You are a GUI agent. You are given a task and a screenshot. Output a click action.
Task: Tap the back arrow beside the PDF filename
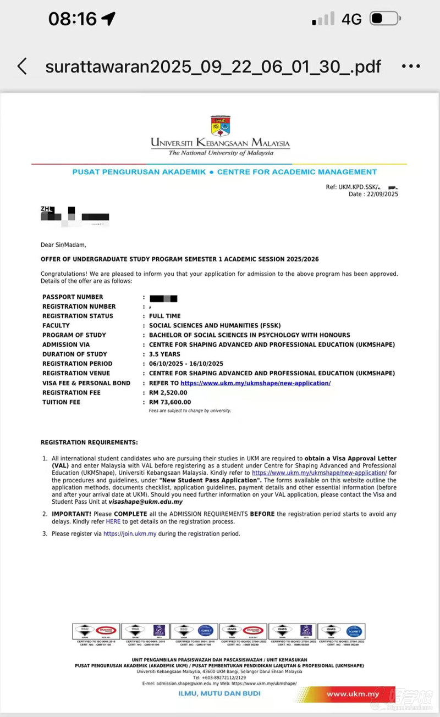coord(22,66)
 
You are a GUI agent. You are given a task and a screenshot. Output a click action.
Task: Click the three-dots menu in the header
coord(411,66)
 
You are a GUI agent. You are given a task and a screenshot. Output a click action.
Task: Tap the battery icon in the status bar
coord(384,19)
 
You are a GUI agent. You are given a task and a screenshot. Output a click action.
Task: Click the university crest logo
coord(221,125)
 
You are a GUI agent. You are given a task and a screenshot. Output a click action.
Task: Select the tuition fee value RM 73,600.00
coord(170,402)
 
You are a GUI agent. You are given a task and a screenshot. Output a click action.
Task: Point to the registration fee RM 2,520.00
coord(168,393)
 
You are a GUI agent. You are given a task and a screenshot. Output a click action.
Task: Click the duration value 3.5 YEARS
coord(164,354)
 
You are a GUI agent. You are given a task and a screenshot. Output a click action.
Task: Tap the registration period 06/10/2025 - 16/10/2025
coord(186,364)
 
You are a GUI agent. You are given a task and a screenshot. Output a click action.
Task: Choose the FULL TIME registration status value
coord(165,316)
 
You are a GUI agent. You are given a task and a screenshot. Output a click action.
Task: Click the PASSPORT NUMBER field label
coord(73,297)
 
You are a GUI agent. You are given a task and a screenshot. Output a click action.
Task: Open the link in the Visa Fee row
coord(255,383)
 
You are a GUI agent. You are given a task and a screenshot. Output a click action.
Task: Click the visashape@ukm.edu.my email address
coord(146,502)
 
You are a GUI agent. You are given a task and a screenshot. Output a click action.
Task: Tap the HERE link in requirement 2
coord(113,521)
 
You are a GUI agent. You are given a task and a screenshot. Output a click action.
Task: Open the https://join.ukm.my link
coord(130,533)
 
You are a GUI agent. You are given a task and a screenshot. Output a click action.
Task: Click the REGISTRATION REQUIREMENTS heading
coord(89,442)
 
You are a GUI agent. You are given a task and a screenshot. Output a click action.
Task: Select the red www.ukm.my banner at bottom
coord(353,694)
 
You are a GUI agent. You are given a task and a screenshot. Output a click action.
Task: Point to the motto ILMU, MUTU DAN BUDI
coord(219,693)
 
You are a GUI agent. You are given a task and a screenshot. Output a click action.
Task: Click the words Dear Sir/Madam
coord(63,245)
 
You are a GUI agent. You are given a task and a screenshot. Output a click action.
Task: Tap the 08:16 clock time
coord(73,19)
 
